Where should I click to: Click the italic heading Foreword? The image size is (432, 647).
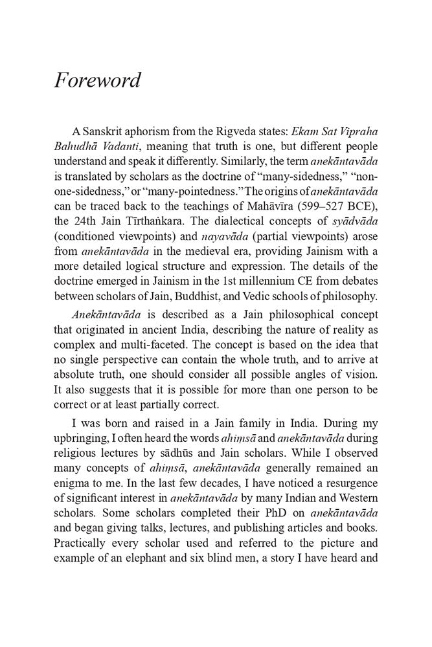click(97, 81)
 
